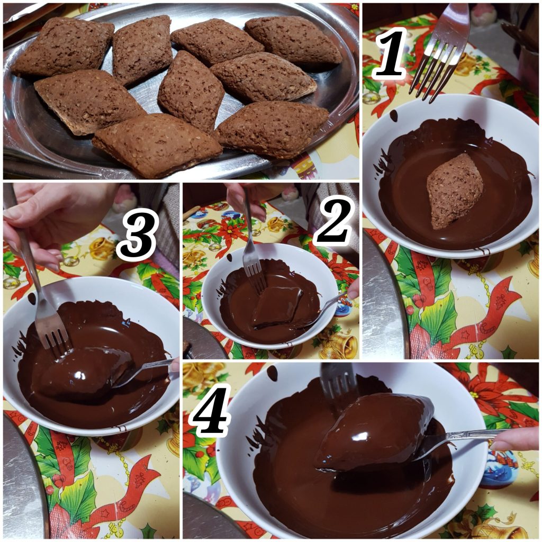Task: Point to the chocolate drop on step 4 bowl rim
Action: pyautogui.click(x=273, y=373)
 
